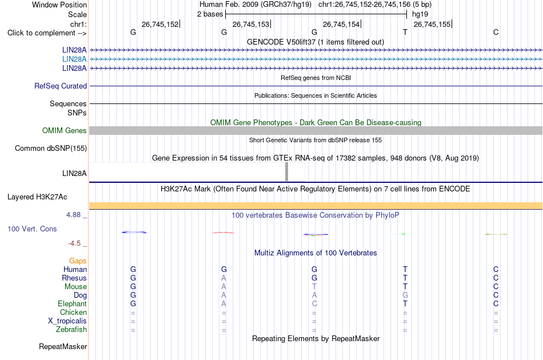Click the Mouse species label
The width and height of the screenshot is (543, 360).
click(x=75, y=287)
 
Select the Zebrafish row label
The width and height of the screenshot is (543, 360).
click(x=71, y=330)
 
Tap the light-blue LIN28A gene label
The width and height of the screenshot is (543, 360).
click(x=74, y=59)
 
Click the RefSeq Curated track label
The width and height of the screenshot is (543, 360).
click(x=61, y=86)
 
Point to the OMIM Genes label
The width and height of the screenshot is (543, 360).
click(x=65, y=130)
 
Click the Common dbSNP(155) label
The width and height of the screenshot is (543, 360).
click(x=51, y=148)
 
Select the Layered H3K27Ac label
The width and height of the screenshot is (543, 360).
click(x=37, y=197)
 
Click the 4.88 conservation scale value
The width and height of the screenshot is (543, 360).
click(x=73, y=215)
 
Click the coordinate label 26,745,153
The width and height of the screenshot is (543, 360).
click(x=251, y=24)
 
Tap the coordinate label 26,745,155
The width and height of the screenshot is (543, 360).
click(x=432, y=24)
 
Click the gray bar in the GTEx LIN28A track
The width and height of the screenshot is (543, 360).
click(x=286, y=171)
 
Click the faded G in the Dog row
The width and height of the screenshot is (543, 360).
click(x=405, y=295)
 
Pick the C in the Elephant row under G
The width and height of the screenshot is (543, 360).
click(x=314, y=303)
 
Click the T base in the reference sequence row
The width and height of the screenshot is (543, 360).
click(x=405, y=32)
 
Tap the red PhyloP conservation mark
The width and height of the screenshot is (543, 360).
click(x=223, y=233)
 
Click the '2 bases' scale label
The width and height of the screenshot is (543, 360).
click(x=210, y=14)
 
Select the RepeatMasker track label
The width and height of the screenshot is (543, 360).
click(x=63, y=346)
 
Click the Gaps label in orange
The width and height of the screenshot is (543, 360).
click(x=78, y=261)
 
